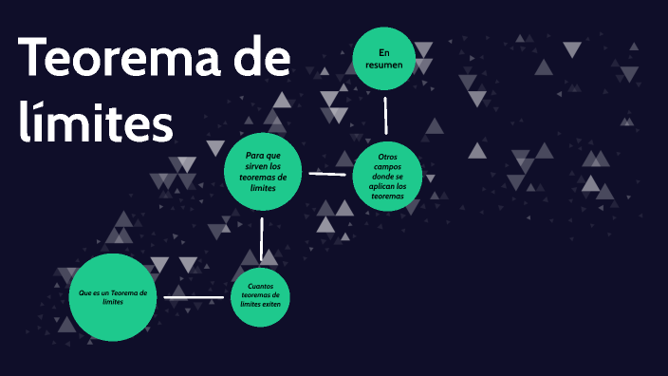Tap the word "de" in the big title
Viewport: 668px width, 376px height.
(254, 60)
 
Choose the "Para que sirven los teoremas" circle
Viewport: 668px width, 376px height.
(263, 171)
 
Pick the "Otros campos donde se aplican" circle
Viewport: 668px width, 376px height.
(388, 176)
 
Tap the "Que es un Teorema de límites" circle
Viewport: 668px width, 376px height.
(112, 297)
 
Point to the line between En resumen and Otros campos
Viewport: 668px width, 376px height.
(385, 116)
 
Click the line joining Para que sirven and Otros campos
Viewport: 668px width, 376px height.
(327, 174)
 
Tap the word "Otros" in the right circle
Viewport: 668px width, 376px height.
(388, 157)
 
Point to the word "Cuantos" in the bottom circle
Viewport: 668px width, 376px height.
(261, 286)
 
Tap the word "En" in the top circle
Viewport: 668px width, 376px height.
(384, 51)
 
